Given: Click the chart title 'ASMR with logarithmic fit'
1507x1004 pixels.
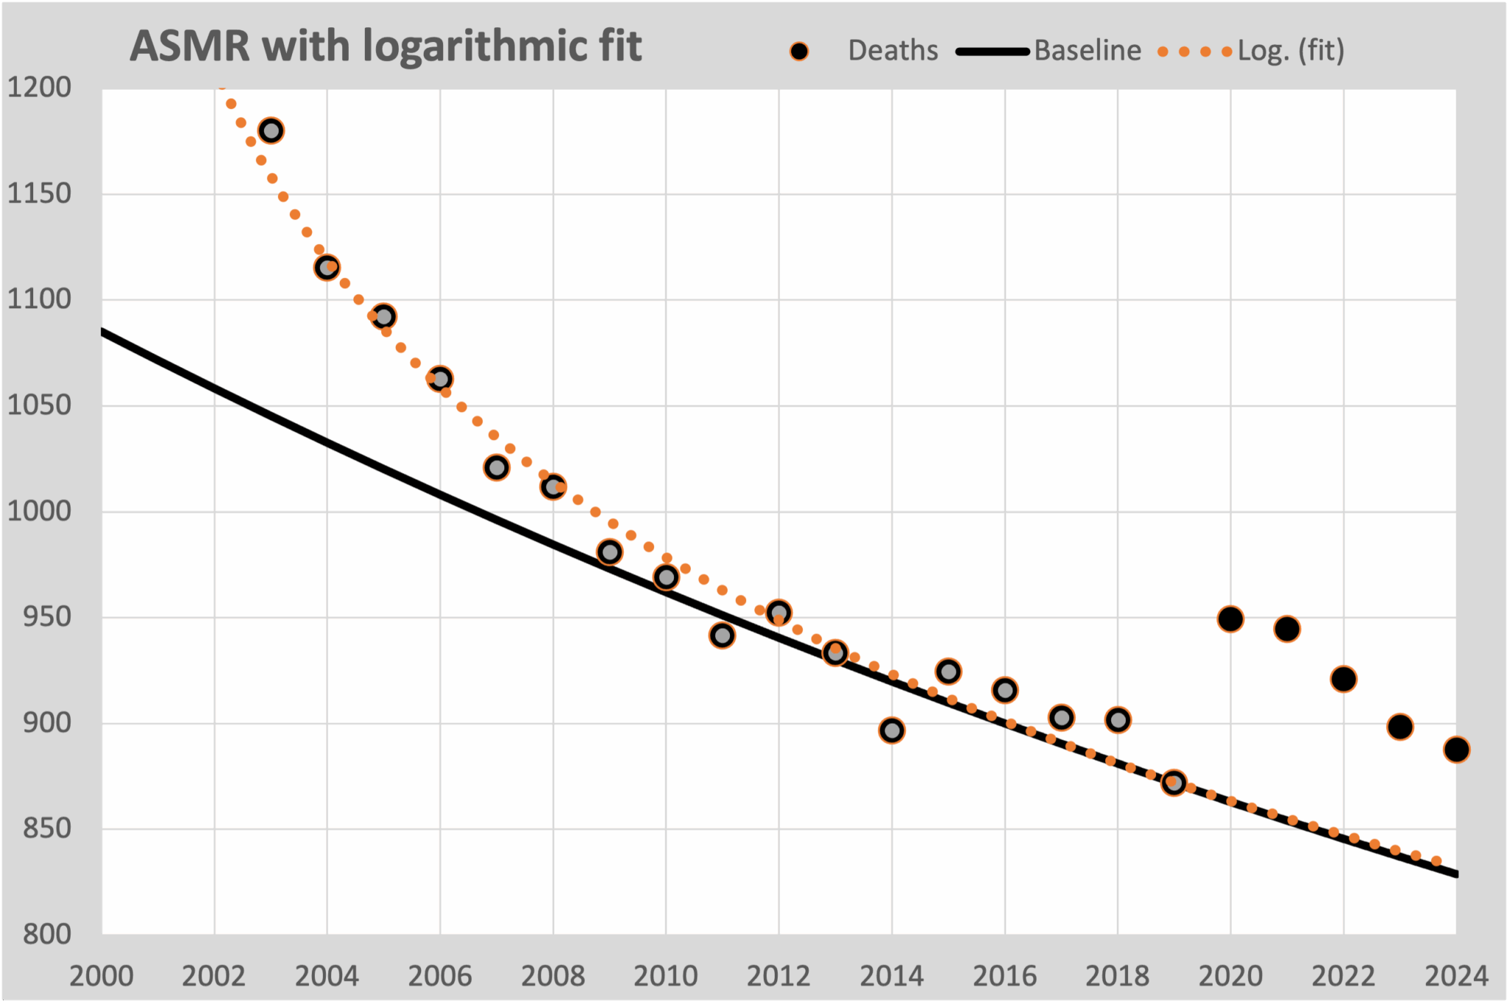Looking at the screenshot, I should click(386, 46).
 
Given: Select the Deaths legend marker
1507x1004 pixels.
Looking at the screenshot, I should click(798, 51).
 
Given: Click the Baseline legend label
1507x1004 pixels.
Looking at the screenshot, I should click(1088, 51).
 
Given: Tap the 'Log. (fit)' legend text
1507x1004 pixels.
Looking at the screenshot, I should click(1291, 51).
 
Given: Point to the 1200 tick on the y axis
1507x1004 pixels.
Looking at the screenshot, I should click(39, 88).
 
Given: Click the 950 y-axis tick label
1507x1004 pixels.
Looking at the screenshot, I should click(46, 617).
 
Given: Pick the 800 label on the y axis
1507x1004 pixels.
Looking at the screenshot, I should click(46, 934).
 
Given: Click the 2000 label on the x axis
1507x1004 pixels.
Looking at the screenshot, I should click(102, 976).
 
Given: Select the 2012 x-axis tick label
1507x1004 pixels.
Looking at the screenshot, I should click(779, 976).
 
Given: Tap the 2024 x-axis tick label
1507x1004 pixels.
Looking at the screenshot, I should click(1456, 976).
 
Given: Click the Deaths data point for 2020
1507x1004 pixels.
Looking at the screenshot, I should click(1230, 619).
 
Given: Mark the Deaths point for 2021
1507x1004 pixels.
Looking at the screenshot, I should click(1287, 629).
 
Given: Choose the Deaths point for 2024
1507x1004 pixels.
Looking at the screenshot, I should click(1456, 750).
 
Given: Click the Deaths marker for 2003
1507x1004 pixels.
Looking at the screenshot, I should click(271, 131).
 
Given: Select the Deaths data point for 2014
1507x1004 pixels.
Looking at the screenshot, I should click(892, 730).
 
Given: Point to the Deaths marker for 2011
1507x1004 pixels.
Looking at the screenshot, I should click(723, 635).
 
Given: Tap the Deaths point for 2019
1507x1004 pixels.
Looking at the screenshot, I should click(1174, 783).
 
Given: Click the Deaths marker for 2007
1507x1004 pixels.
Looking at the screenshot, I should click(497, 467).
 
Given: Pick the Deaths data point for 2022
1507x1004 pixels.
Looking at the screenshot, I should click(1344, 679).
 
